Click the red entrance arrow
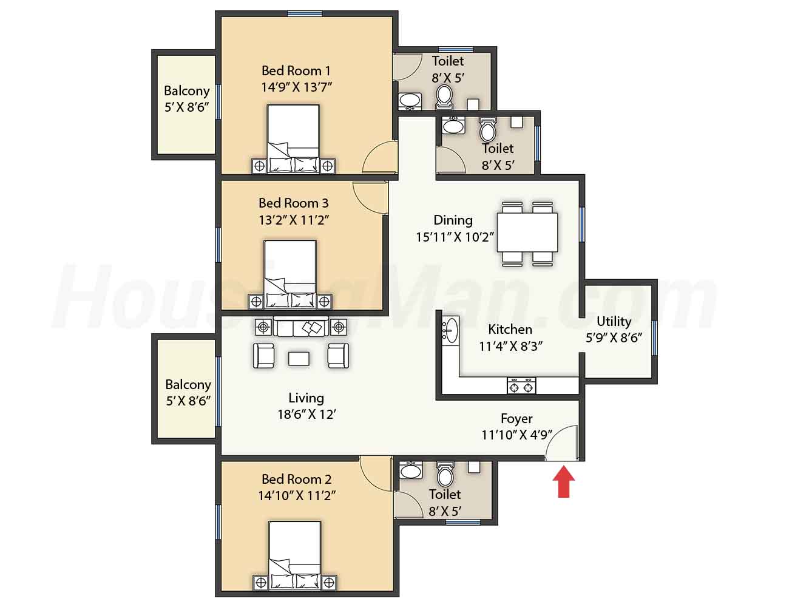pos(564,482)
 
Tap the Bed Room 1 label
pos(296,70)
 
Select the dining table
pos(527,232)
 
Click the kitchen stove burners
pos(521,386)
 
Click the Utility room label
pos(614,321)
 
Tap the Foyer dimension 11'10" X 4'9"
pos(516,435)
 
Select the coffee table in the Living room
pos(299,358)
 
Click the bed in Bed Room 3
pos(290,274)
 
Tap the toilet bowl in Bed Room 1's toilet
pos(444,97)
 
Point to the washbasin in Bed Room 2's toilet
pos(411,470)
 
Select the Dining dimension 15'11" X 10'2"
pos(455,237)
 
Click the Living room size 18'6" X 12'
pos(306,414)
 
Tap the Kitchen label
pos(510,329)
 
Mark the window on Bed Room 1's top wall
pos(305,13)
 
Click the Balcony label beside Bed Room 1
pos(187,90)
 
